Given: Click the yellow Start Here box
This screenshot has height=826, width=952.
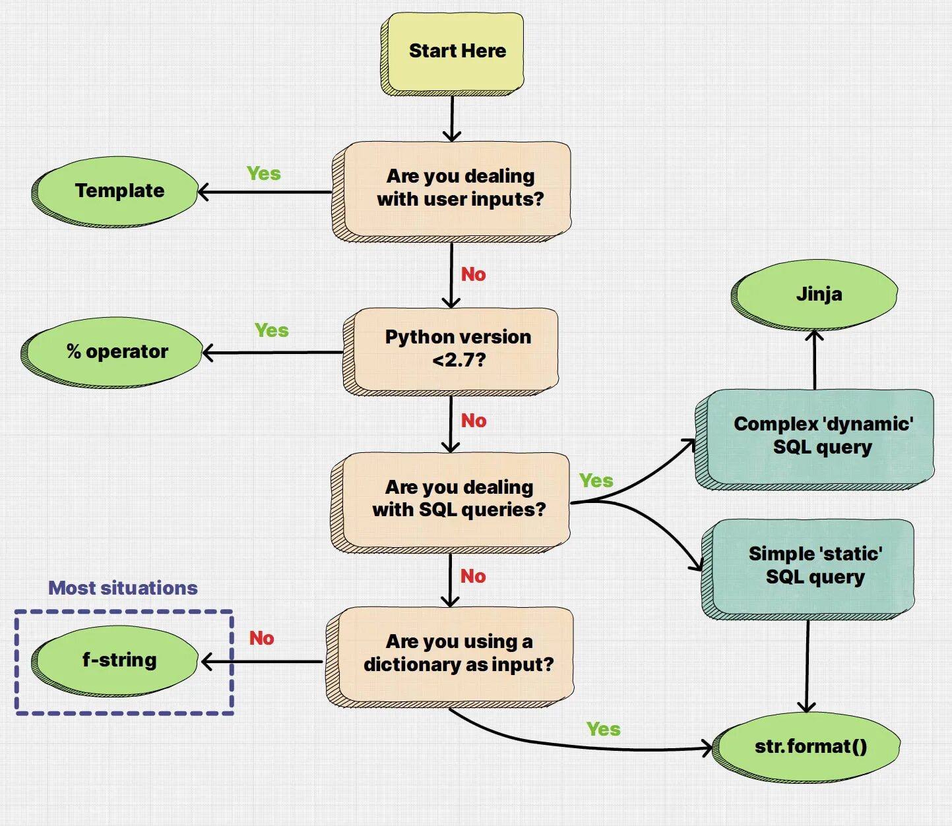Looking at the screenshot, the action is [x=453, y=54].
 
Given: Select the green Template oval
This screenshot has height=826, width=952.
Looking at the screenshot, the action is [x=115, y=192].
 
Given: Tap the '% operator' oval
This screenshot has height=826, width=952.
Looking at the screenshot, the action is [x=111, y=352].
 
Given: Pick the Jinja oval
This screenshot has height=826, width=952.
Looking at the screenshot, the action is [x=814, y=295].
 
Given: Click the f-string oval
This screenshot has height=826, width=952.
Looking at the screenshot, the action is [x=115, y=661].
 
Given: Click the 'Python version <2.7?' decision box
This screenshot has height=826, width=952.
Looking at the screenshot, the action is [x=451, y=352].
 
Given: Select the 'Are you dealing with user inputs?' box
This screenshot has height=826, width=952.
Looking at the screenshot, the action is [x=451, y=192].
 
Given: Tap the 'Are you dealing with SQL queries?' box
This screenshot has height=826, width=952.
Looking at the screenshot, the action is [x=451, y=503].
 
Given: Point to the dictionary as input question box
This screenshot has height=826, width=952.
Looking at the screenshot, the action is [x=450, y=657].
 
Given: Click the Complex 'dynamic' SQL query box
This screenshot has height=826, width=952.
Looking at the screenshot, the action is [x=815, y=440].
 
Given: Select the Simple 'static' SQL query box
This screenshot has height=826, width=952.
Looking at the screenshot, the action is [x=808, y=570].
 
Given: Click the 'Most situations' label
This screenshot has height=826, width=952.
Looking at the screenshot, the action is [x=123, y=588].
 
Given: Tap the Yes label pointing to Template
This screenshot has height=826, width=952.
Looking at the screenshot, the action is [x=264, y=173].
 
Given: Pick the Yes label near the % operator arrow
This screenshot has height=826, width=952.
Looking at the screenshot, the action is [x=272, y=330].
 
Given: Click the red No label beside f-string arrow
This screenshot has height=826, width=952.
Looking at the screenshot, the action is [x=261, y=638].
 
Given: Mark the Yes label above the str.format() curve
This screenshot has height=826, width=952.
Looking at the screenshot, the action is [x=604, y=729].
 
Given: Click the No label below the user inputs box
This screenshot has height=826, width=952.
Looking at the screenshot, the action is [x=473, y=274].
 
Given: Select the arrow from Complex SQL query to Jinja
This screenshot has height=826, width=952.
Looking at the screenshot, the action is [x=814, y=360].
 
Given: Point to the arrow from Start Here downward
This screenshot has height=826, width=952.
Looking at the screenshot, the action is [x=452, y=119].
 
